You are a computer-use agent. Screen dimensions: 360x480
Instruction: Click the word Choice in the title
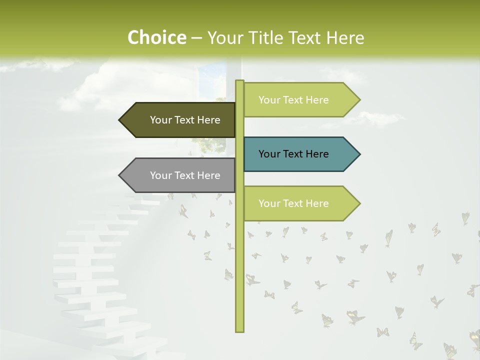[x=156, y=37]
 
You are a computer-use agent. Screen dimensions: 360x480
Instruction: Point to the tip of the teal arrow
[x=359, y=154]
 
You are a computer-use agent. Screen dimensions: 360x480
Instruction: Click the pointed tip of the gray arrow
[x=120, y=175]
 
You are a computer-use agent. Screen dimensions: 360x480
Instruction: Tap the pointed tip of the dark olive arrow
[x=120, y=120]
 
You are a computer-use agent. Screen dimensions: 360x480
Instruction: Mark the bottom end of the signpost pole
[x=239, y=330]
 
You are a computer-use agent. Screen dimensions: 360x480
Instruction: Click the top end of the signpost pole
[x=239, y=81]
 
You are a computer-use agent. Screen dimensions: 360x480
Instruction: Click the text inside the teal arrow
[x=293, y=154]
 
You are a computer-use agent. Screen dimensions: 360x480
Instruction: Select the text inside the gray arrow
[x=185, y=175]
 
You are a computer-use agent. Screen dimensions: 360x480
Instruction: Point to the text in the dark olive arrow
[x=185, y=120]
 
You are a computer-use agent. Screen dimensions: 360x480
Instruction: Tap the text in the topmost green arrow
[x=293, y=100]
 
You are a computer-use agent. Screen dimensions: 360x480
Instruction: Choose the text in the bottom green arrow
[x=293, y=203]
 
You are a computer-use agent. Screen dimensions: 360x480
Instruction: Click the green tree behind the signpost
[x=210, y=143]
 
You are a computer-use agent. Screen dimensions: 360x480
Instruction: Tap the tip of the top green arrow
[x=359, y=100]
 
